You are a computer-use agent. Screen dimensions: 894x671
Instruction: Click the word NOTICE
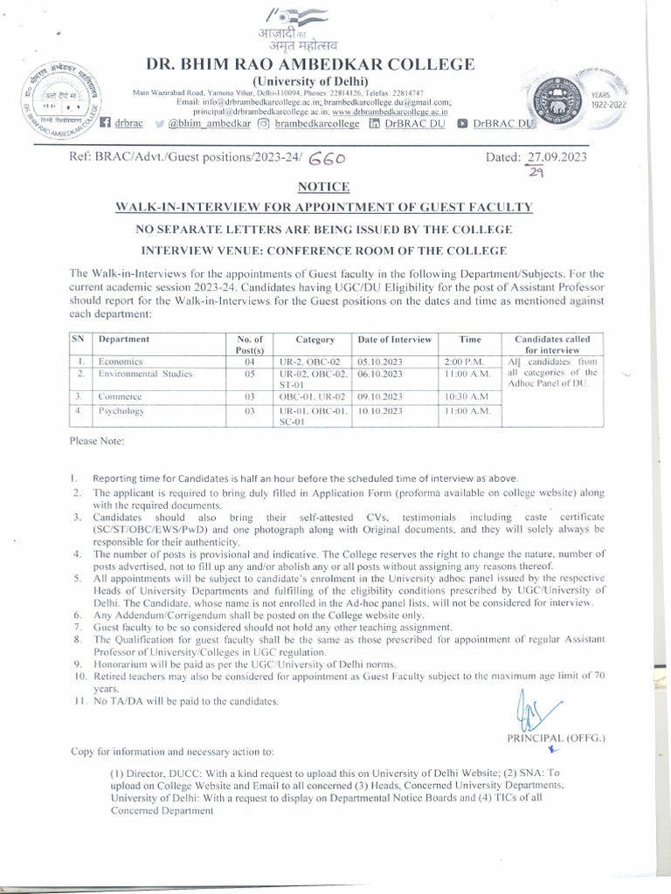pyautogui.click(x=323, y=186)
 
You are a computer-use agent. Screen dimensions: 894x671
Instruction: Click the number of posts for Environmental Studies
pyautogui.click(x=249, y=373)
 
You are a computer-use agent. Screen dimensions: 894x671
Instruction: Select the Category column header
pyautogui.click(x=315, y=339)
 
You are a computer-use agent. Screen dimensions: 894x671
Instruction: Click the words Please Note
pyautogui.click(x=97, y=441)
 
